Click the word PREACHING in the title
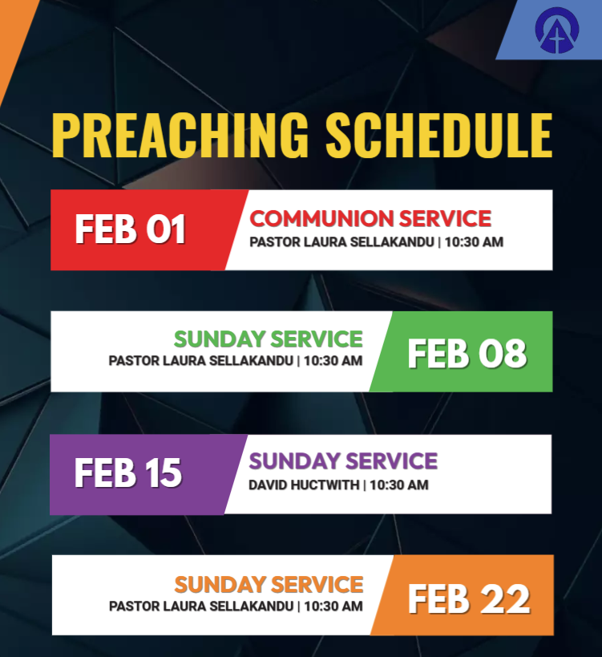point(180,136)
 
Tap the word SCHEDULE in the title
point(439,136)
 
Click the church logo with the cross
point(557,30)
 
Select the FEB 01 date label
point(130,229)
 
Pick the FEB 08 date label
point(467,354)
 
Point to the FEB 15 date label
point(128,472)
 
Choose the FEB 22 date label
point(469,599)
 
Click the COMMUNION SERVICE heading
point(370,218)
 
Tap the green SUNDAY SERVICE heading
point(269,339)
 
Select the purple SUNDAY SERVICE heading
point(343,461)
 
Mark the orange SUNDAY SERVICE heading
point(269,585)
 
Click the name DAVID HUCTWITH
point(304,485)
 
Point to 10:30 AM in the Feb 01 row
point(474,242)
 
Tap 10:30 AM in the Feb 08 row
point(333,361)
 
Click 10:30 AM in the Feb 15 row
point(399,485)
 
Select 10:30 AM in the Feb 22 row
point(333,606)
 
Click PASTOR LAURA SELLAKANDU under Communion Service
point(341,242)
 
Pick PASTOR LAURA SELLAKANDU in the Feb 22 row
point(201,606)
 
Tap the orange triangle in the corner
point(13,34)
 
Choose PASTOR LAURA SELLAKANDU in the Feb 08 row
point(200,361)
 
